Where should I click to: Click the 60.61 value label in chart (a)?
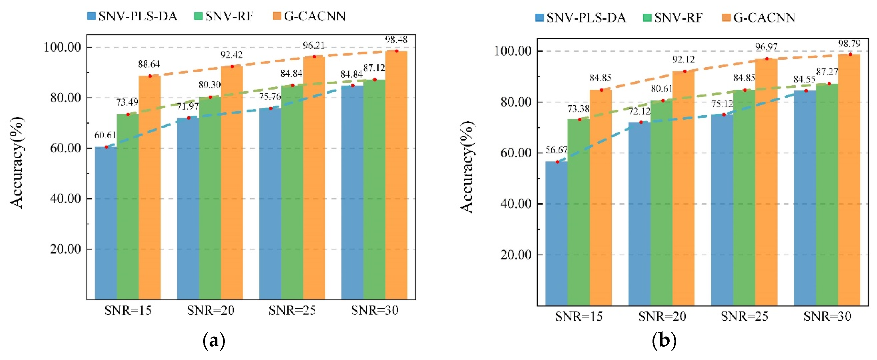click(x=105, y=135)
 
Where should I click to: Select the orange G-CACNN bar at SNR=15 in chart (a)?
click(x=150, y=187)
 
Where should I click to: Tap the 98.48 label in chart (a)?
click(x=396, y=40)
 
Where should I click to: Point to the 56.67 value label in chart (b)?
click(x=556, y=150)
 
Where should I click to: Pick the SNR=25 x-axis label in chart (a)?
click(x=292, y=310)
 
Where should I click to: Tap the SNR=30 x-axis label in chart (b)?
click(x=827, y=316)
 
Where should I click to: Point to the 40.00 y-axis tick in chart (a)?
click(x=66, y=198)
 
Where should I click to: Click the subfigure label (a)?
click(x=214, y=341)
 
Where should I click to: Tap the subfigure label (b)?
click(x=664, y=341)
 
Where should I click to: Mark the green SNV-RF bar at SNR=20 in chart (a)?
click(x=210, y=197)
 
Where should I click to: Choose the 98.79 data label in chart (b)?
click(x=849, y=44)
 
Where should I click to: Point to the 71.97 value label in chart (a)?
click(x=188, y=106)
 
